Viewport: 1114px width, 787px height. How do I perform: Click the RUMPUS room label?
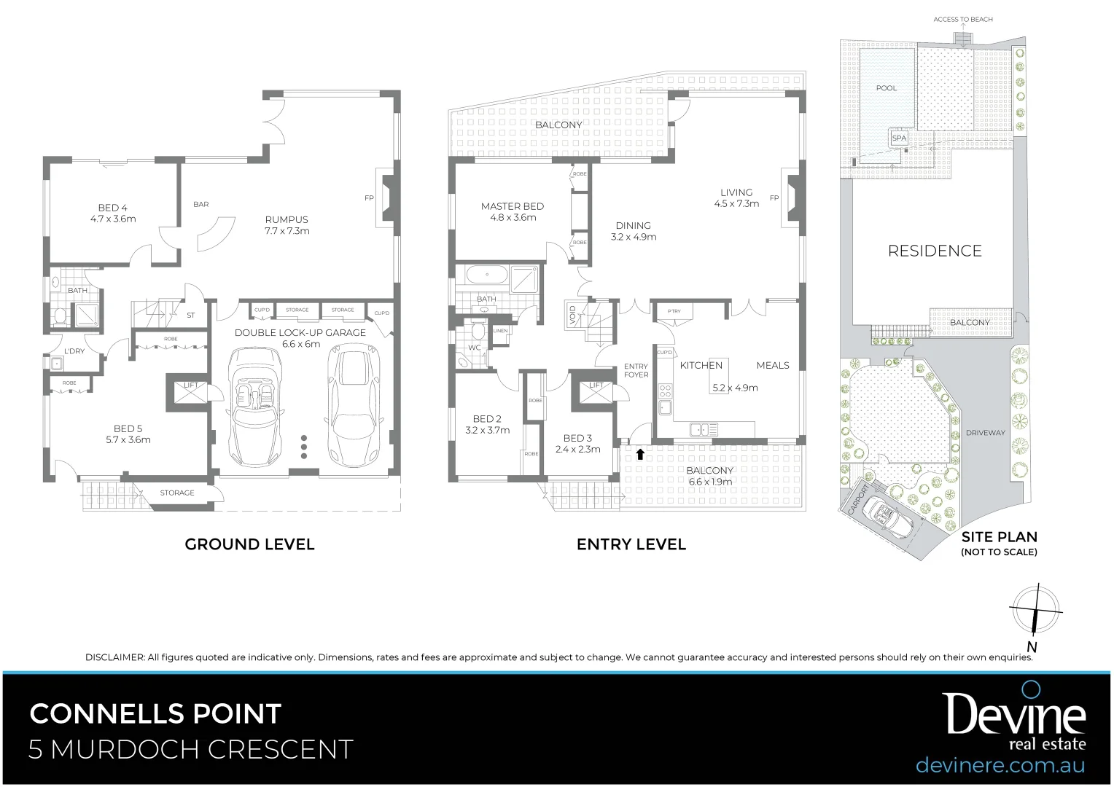click(287, 219)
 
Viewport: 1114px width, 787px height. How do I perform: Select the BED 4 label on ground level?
click(113, 208)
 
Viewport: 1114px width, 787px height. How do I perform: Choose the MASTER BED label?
click(512, 206)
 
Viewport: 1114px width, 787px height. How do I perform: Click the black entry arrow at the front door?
click(640, 455)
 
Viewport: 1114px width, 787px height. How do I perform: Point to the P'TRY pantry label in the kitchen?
click(674, 311)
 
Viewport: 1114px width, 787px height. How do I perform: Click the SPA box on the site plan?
click(899, 138)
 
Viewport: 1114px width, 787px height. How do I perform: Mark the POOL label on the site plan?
click(887, 88)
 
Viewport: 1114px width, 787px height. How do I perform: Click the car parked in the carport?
click(885, 516)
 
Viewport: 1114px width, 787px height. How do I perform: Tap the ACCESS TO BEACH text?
click(963, 20)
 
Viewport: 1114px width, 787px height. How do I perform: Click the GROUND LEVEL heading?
click(249, 544)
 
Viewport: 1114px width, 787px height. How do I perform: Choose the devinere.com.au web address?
click(1000, 765)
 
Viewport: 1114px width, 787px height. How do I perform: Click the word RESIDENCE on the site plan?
click(935, 251)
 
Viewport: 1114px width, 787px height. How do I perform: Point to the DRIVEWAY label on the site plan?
click(985, 433)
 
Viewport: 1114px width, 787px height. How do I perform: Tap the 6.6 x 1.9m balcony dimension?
click(710, 482)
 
